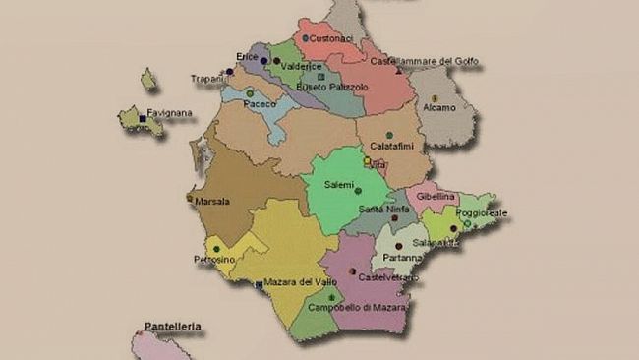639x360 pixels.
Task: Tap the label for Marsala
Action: (x=212, y=202)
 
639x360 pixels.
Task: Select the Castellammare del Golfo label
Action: (x=425, y=61)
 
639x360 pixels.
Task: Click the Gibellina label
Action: (x=436, y=197)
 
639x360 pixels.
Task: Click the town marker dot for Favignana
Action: (x=143, y=118)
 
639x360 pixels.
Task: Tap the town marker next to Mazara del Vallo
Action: (x=259, y=284)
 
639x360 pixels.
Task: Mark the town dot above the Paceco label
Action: (x=250, y=93)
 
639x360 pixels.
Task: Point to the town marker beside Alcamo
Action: (x=435, y=97)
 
